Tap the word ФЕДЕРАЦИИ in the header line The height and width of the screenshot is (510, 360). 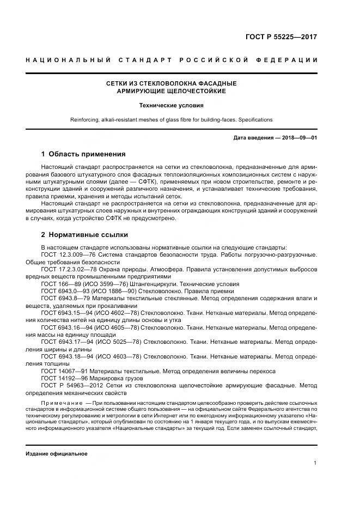290,59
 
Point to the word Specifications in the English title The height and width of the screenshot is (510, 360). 255,119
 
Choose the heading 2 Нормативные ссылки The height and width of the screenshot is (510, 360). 84,235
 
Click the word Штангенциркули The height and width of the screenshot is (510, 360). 162,284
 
